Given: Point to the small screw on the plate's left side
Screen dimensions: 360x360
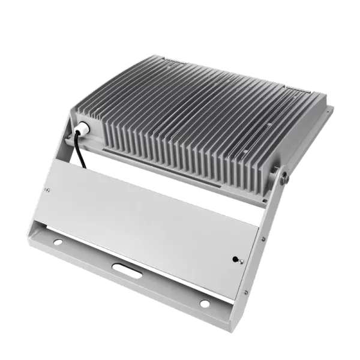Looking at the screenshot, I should coord(48,191).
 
